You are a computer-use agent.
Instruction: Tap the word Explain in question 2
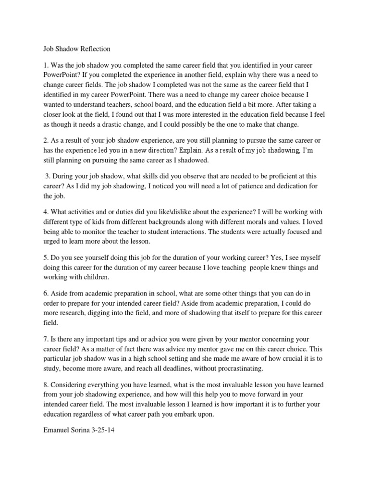point(190,150)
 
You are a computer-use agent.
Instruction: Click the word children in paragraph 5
point(96,277)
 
